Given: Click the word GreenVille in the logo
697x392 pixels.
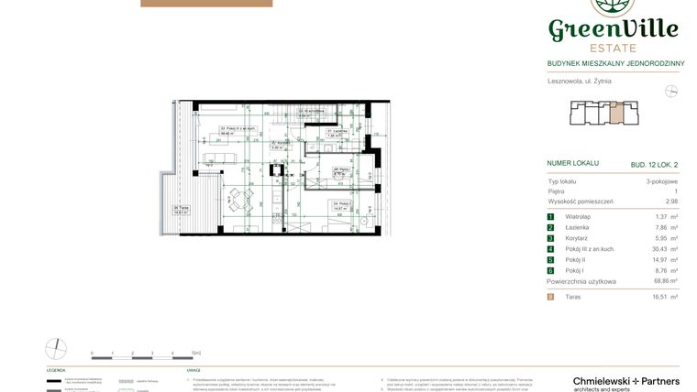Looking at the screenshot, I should click(x=614, y=29).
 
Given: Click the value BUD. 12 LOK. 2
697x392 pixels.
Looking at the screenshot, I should click(x=654, y=165).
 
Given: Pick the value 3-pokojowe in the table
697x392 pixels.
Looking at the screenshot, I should click(x=661, y=182).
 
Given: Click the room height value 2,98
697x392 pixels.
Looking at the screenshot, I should click(x=671, y=201).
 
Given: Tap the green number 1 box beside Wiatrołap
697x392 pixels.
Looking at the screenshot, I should click(x=550, y=216).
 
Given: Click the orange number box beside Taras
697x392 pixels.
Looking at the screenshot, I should click(x=550, y=298).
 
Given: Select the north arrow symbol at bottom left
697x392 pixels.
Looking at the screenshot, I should click(x=57, y=349).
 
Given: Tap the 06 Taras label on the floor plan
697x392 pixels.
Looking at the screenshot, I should click(x=182, y=208).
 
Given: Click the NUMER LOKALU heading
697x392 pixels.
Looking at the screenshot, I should click(x=572, y=163).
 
